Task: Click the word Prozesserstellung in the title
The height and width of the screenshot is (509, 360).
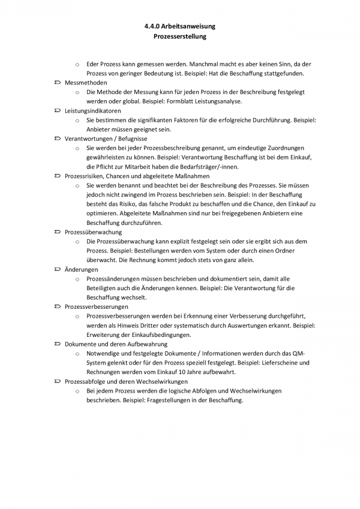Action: pos(180,37)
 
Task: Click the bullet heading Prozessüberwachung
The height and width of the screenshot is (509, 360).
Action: pos(93,232)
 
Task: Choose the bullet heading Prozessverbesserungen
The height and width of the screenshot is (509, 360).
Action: pos(96,306)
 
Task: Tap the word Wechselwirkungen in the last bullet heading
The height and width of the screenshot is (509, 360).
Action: pos(161,381)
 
